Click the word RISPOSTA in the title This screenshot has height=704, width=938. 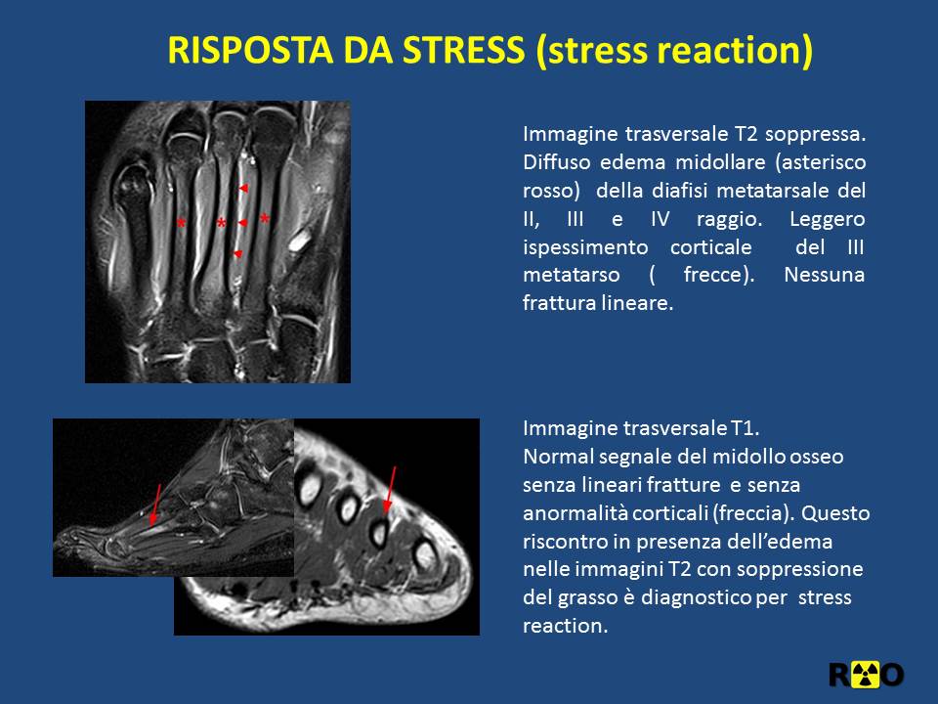[x=250, y=50]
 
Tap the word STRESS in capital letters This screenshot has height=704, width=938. [x=464, y=50]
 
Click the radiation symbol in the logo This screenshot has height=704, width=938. [x=865, y=675]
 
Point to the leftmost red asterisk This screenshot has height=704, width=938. [x=182, y=223]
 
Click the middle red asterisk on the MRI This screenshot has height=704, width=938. [x=222, y=223]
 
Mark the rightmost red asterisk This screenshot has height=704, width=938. [x=265, y=218]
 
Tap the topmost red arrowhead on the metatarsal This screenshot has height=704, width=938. [x=243, y=189]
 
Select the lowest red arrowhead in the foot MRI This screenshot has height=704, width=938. [x=237, y=254]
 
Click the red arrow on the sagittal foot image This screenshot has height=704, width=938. [x=155, y=506]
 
